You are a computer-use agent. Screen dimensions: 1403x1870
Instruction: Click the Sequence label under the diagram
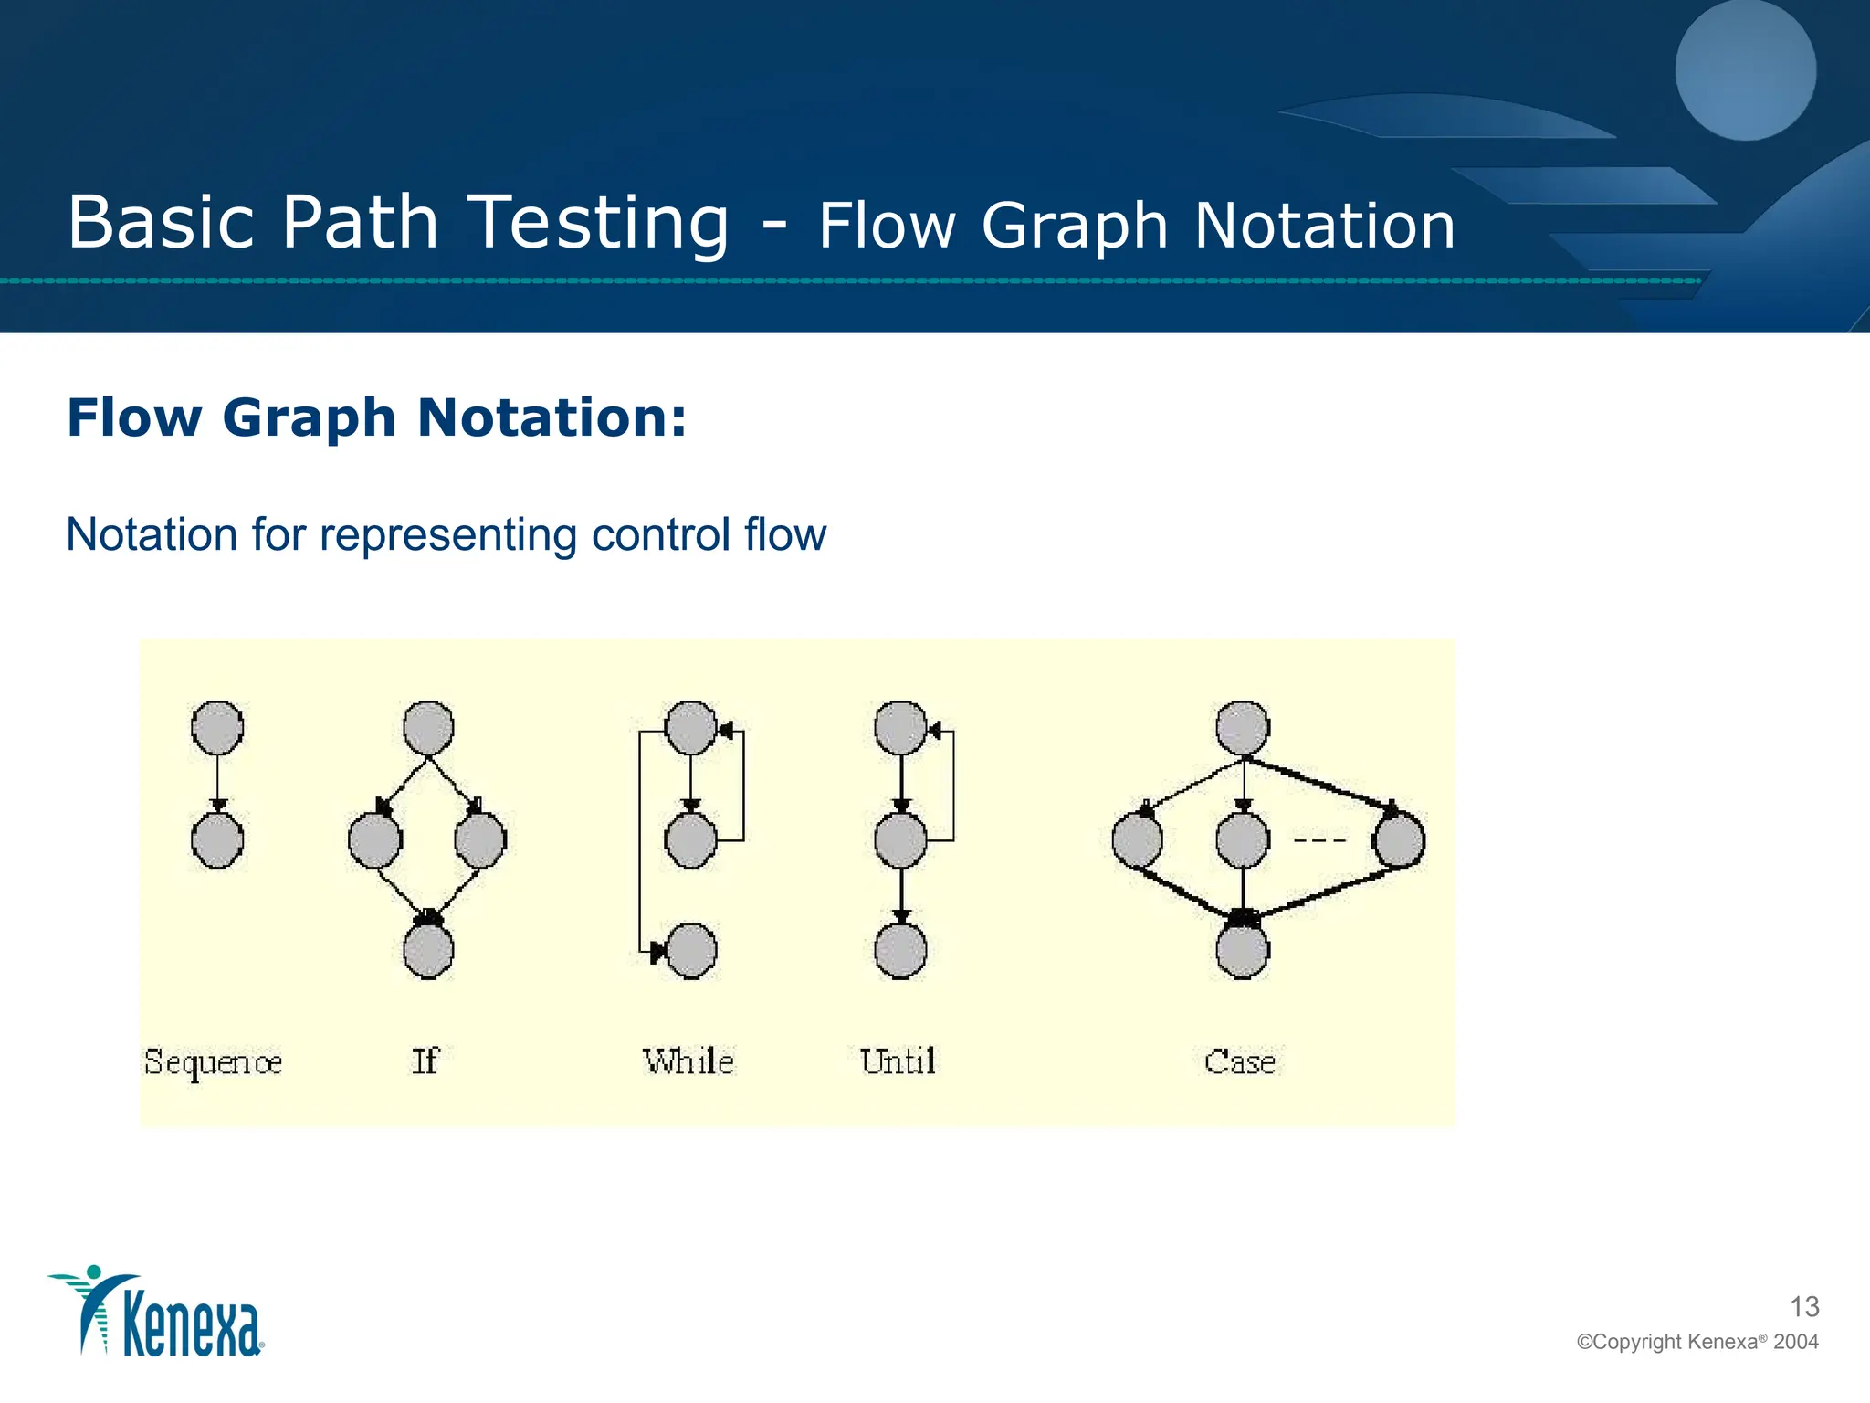pyautogui.click(x=213, y=1062)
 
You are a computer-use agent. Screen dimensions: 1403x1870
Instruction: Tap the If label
pyautogui.click(x=425, y=1061)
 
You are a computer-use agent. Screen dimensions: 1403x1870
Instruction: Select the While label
pyautogui.click(x=688, y=1061)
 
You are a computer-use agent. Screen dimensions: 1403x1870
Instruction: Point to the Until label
pyautogui.click(x=898, y=1061)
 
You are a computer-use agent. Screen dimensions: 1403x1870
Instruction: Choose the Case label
pyautogui.click(x=1240, y=1062)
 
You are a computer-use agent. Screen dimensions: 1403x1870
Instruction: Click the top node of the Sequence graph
pyautogui.click(x=217, y=728)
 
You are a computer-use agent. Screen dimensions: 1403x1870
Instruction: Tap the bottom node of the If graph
pyautogui.click(x=428, y=951)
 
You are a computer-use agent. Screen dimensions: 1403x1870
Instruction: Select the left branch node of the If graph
pyautogui.click(x=375, y=840)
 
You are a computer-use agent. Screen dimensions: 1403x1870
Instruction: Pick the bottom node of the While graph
pyautogui.click(x=691, y=951)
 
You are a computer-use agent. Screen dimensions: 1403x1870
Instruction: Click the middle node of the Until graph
pyautogui.click(x=901, y=840)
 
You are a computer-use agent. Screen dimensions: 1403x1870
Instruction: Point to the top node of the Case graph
pyautogui.click(x=1243, y=728)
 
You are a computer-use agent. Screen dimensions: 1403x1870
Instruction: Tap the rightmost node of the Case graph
pyautogui.click(x=1399, y=840)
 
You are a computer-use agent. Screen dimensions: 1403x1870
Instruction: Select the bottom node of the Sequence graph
pyautogui.click(x=217, y=840)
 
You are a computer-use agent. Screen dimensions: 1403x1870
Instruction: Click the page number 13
pyautogui.click(x=1804, y=1307)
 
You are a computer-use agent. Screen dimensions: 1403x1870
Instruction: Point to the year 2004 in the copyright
pyautogui.click(x=1796, y=1342)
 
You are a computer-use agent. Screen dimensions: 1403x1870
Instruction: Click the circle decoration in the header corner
pyautogui.click(x=1745, y=71)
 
